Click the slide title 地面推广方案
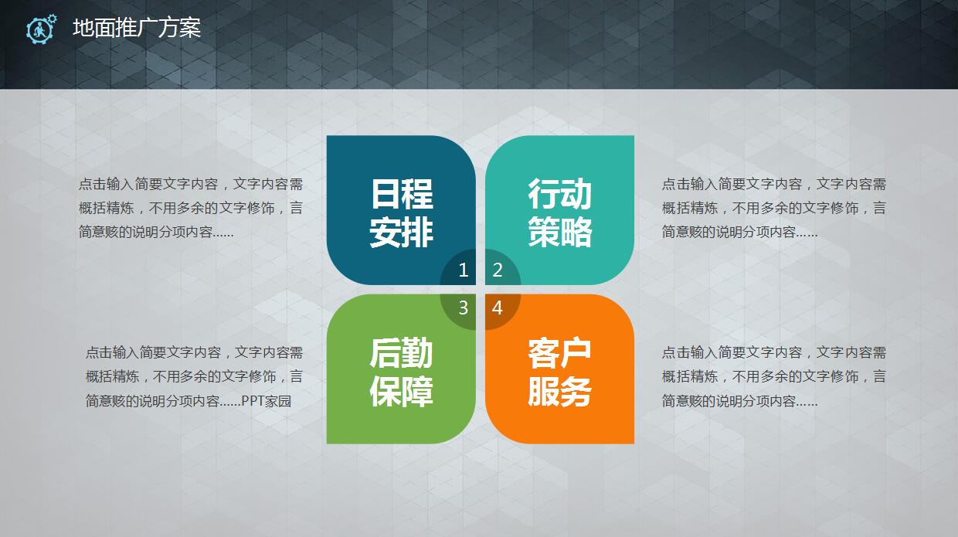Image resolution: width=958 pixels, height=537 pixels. tap(137, 29)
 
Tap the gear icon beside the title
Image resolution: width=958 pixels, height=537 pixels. tap(41, 29)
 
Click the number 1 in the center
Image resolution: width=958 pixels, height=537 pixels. tap(464, 270)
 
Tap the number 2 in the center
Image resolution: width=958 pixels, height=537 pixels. tap(498, 270)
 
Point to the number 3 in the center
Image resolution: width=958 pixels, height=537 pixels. tap(464, 308)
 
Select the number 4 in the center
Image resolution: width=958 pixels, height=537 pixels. tap(498, 308)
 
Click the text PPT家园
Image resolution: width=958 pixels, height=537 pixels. tap(266, 401)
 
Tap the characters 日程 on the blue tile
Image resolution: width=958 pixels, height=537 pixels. tap(402, 193)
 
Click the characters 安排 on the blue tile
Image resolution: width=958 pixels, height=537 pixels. tap(402, 232)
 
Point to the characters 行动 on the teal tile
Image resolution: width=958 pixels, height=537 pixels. tap(560, 193)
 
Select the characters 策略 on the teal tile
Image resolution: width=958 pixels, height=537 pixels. tap(560, 232)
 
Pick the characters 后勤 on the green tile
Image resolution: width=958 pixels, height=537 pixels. tap(402, 353)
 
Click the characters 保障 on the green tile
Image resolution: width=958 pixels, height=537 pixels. tap(402, 392)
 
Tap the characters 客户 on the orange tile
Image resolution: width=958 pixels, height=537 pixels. tap(560, 353)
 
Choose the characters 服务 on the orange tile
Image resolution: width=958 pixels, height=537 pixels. tap(560, 392)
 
